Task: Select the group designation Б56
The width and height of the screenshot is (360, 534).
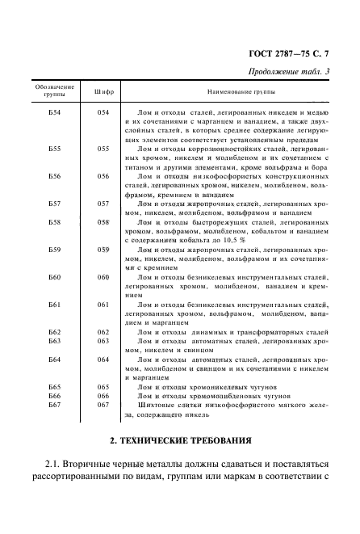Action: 55,175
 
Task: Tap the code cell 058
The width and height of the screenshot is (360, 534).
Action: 103,221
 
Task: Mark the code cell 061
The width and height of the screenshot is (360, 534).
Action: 103,305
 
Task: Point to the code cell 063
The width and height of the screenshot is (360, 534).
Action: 103,342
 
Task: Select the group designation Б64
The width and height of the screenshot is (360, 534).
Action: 55,360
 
